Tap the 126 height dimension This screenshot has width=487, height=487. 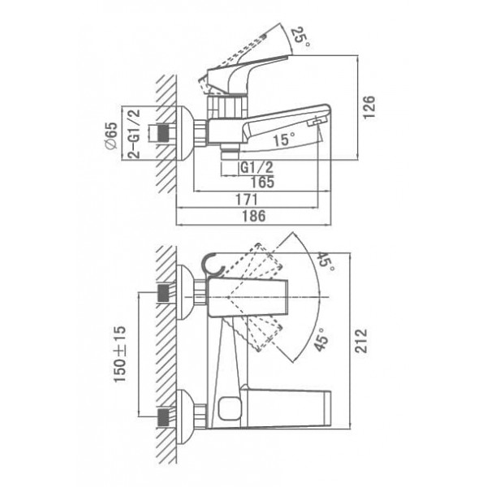369,107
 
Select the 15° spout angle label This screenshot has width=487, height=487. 284,139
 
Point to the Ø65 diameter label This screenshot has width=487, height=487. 111,136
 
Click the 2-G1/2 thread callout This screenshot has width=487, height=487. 134,134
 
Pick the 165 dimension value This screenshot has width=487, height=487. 262,182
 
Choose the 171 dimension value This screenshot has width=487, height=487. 247,200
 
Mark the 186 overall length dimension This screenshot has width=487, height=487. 254,216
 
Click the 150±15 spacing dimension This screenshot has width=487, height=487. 120,354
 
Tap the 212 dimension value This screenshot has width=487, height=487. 361,341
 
